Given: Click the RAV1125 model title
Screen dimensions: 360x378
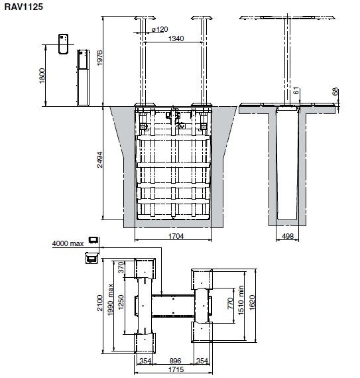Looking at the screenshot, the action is coord(24,7).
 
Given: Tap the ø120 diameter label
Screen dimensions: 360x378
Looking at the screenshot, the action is coord(160,29).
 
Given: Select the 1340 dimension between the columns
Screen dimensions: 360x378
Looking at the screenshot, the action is coord(176,38).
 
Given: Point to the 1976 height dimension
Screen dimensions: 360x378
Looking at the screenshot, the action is coord(99,58).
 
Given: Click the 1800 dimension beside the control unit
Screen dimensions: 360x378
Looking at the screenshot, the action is coord(42,76).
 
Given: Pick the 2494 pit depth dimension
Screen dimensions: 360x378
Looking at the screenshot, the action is coord(99,160).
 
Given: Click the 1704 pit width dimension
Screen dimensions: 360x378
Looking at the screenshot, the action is coord(176,236).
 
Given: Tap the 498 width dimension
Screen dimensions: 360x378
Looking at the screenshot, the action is coord(288,236).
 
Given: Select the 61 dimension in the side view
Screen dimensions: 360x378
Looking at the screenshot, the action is coord(296,91).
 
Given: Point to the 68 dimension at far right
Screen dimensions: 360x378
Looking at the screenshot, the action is coord(335,92).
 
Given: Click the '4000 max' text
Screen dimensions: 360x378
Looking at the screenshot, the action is coord(68,243).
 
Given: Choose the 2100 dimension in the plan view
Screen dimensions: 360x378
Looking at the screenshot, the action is coord(99,303).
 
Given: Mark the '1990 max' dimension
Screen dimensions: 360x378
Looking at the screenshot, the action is coord(110,300).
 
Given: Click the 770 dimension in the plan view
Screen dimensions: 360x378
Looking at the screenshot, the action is coord(230,303).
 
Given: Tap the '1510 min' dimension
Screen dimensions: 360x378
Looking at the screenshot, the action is coord(241,300).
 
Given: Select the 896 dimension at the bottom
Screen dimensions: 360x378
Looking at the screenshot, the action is coord(175,361).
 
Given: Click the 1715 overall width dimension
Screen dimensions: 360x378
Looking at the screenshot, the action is coord(176,369).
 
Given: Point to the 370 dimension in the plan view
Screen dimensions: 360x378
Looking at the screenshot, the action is coord(121,267).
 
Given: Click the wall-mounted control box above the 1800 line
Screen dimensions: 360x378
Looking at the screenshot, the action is coord(64,44).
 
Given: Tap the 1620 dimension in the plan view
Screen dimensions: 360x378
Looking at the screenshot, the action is coord(251,303).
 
